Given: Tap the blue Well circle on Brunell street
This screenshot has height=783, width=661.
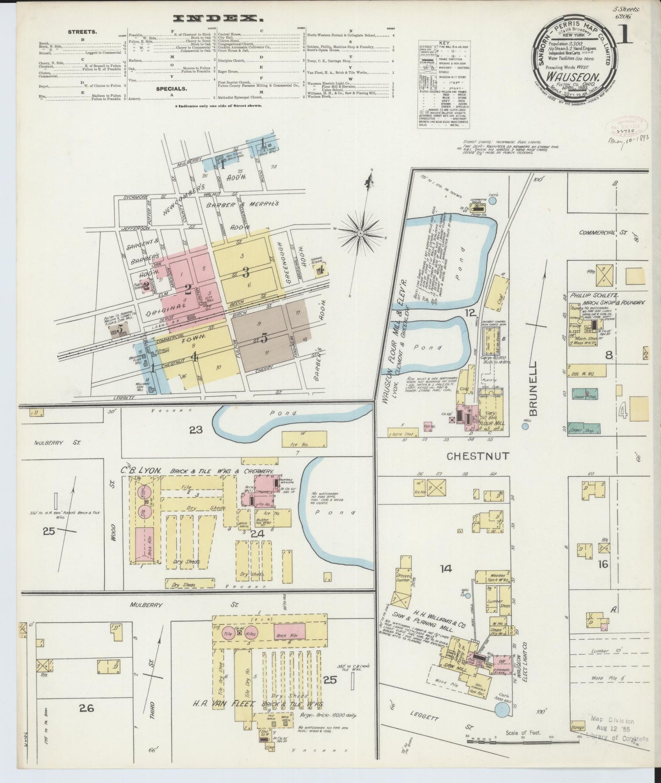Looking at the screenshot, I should (x=525, y=426).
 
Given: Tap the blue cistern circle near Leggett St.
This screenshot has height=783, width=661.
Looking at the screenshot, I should (x=502, y=723).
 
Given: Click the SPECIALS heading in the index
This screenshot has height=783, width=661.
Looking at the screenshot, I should (x=172, y=89).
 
